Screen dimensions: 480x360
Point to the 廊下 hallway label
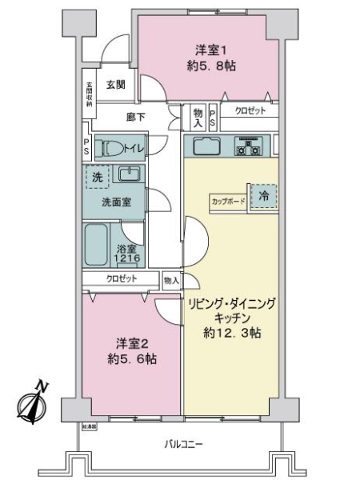(x=136, y=117)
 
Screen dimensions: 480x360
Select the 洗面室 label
(x=117, y=202)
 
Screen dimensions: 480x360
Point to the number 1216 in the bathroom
(x=128, y=258)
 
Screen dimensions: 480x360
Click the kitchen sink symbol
(x=206, y=146)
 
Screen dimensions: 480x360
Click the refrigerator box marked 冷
(x=262, y=195)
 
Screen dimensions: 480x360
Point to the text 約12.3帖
(x=232, y=332)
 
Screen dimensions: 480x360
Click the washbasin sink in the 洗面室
(x=128, y=174)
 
